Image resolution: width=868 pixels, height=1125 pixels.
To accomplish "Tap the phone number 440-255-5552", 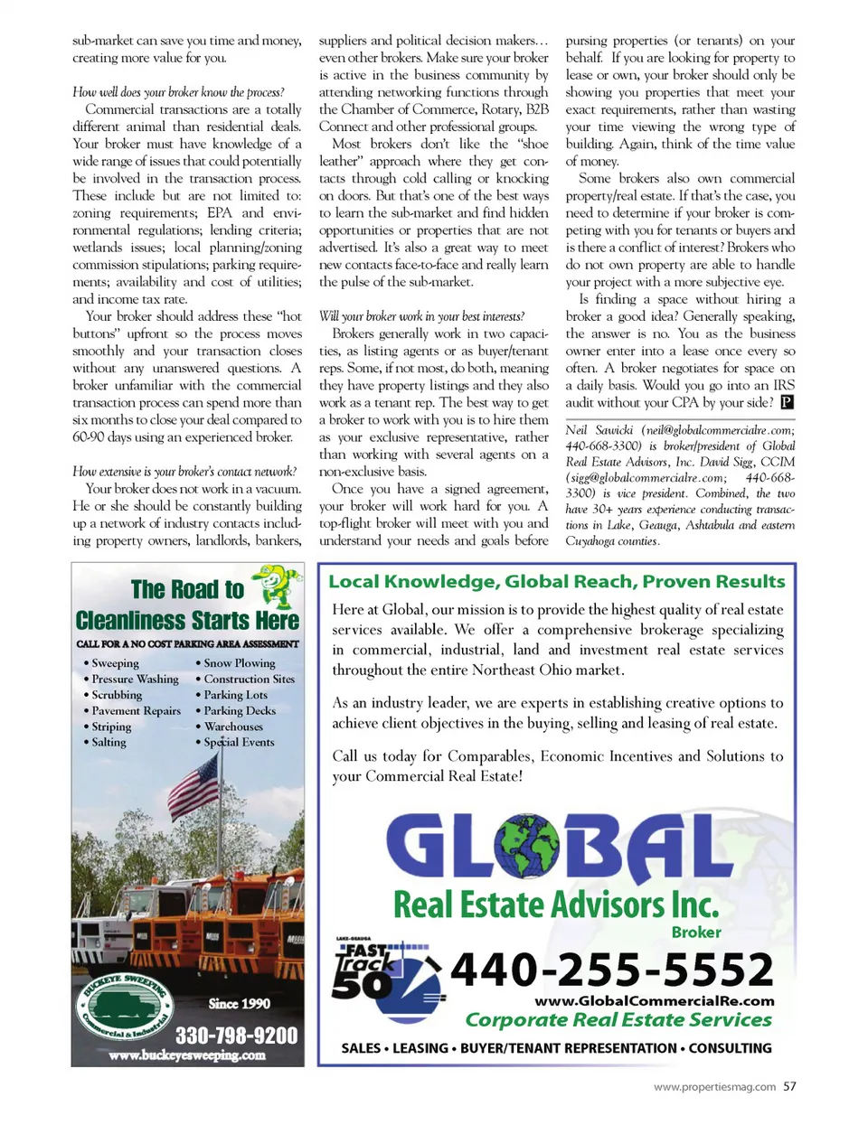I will tap(612, 970).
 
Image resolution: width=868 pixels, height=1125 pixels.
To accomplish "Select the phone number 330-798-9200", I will tap(236, 1035).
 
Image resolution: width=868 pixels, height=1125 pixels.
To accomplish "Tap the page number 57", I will tap(790, 1086).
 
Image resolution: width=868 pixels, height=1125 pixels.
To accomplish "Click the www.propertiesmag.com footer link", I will tap(714, 1087).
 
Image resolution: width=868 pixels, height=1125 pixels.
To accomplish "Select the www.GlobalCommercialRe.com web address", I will tap(654, 1000).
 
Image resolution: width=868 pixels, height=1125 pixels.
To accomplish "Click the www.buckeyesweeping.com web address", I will tap(187, 1055).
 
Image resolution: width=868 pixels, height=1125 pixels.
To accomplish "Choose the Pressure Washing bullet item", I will tap(135, 679).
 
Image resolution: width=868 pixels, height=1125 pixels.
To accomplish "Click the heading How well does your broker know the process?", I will tap(178, 92).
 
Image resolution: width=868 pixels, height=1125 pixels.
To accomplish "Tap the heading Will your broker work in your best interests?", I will tap(421, 316).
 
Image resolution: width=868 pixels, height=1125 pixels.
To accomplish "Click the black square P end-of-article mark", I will tap(787, 403).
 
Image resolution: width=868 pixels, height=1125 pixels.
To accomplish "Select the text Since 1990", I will tap(239, 1003).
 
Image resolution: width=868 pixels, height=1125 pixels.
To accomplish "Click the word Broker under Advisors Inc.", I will tap(695, 932).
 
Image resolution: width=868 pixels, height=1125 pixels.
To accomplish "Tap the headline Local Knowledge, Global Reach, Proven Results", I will tap(556, 581).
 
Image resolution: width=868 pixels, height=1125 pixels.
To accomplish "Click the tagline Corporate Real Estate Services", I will tap(618, 1020).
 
